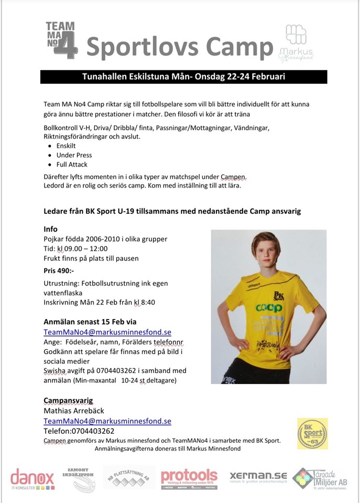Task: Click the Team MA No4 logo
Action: tap(61, 39)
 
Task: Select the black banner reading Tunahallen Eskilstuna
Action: tap(183, 76)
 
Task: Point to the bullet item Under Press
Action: tap(74, 155)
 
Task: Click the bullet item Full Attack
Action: tap(73, 164)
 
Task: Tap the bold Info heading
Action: tap(51, 229)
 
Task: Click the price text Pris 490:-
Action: tap(59, 271)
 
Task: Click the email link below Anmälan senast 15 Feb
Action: tap(107, 332)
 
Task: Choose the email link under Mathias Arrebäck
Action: tap(107, 421)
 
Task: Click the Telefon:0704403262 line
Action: tap(79, 431)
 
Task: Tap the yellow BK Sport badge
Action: tap(312, 433)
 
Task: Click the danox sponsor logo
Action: tap(32, 479)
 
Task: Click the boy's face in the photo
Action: tap(265, 251)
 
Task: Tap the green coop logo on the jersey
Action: tap(268, 308)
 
